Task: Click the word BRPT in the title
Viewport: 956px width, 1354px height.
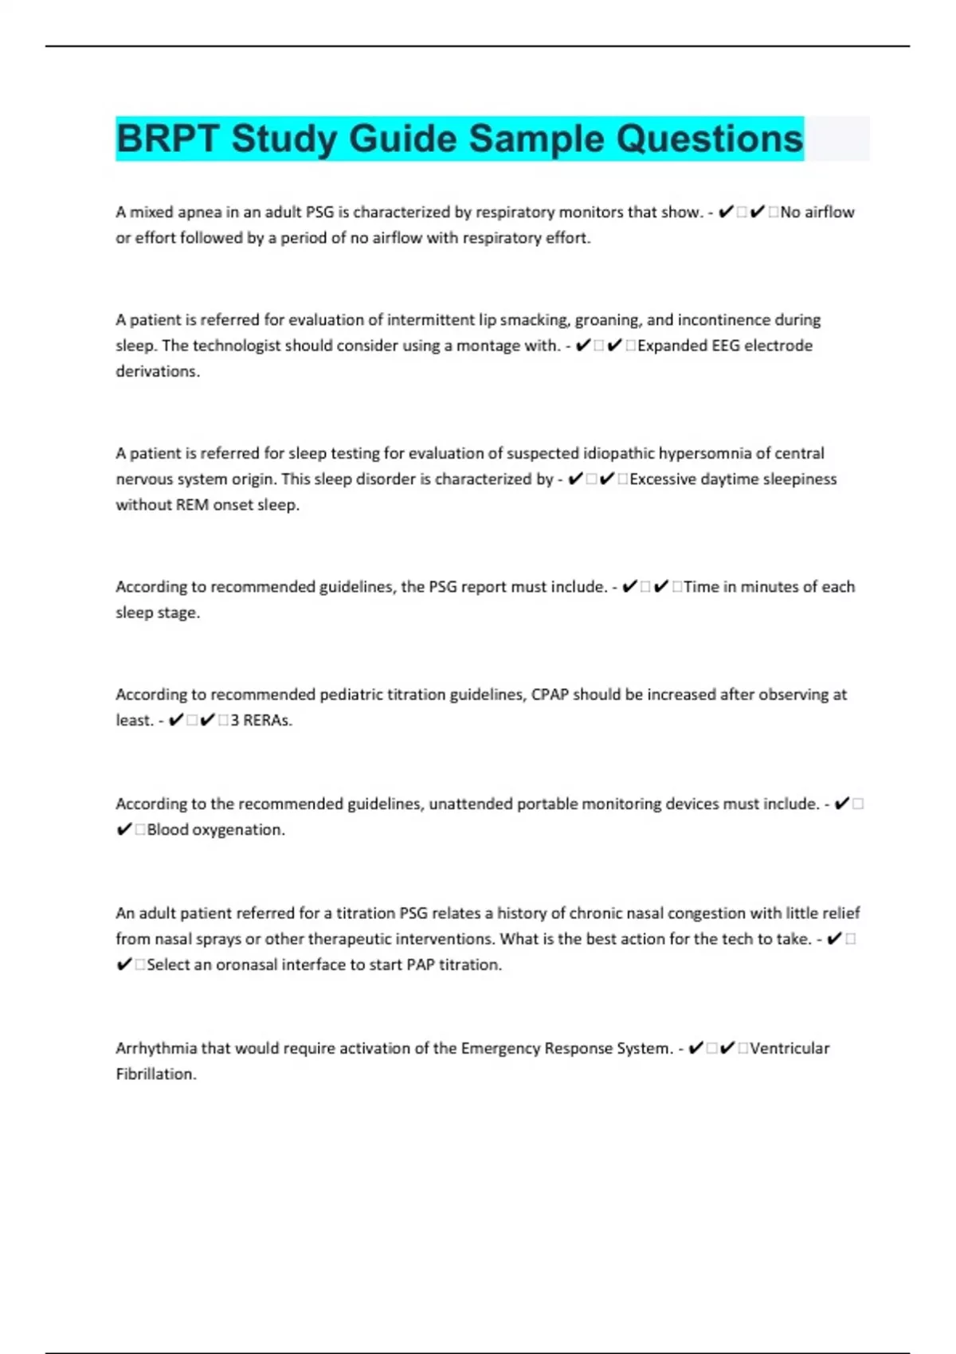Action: click(167, 139)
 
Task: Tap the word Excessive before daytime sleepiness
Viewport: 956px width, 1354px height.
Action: click(664, 479)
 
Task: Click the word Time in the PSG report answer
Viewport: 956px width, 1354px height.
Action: click(701, 587)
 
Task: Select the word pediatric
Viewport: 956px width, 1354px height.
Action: click(351, 695)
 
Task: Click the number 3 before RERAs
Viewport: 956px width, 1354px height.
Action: click(235, 720)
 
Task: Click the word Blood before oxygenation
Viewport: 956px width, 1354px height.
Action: click(167, 830)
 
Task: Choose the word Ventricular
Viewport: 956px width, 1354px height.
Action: click(789, 1048)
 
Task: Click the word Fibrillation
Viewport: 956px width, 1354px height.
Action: click(155, 1074)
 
